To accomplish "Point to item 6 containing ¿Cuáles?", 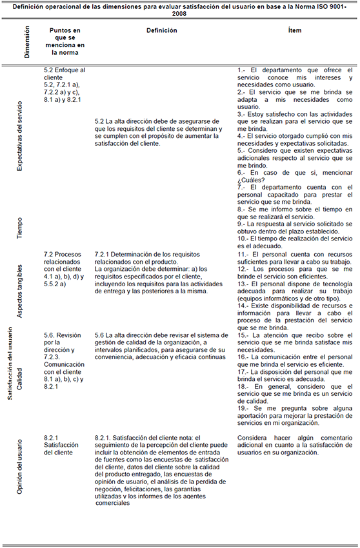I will [294, 177].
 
